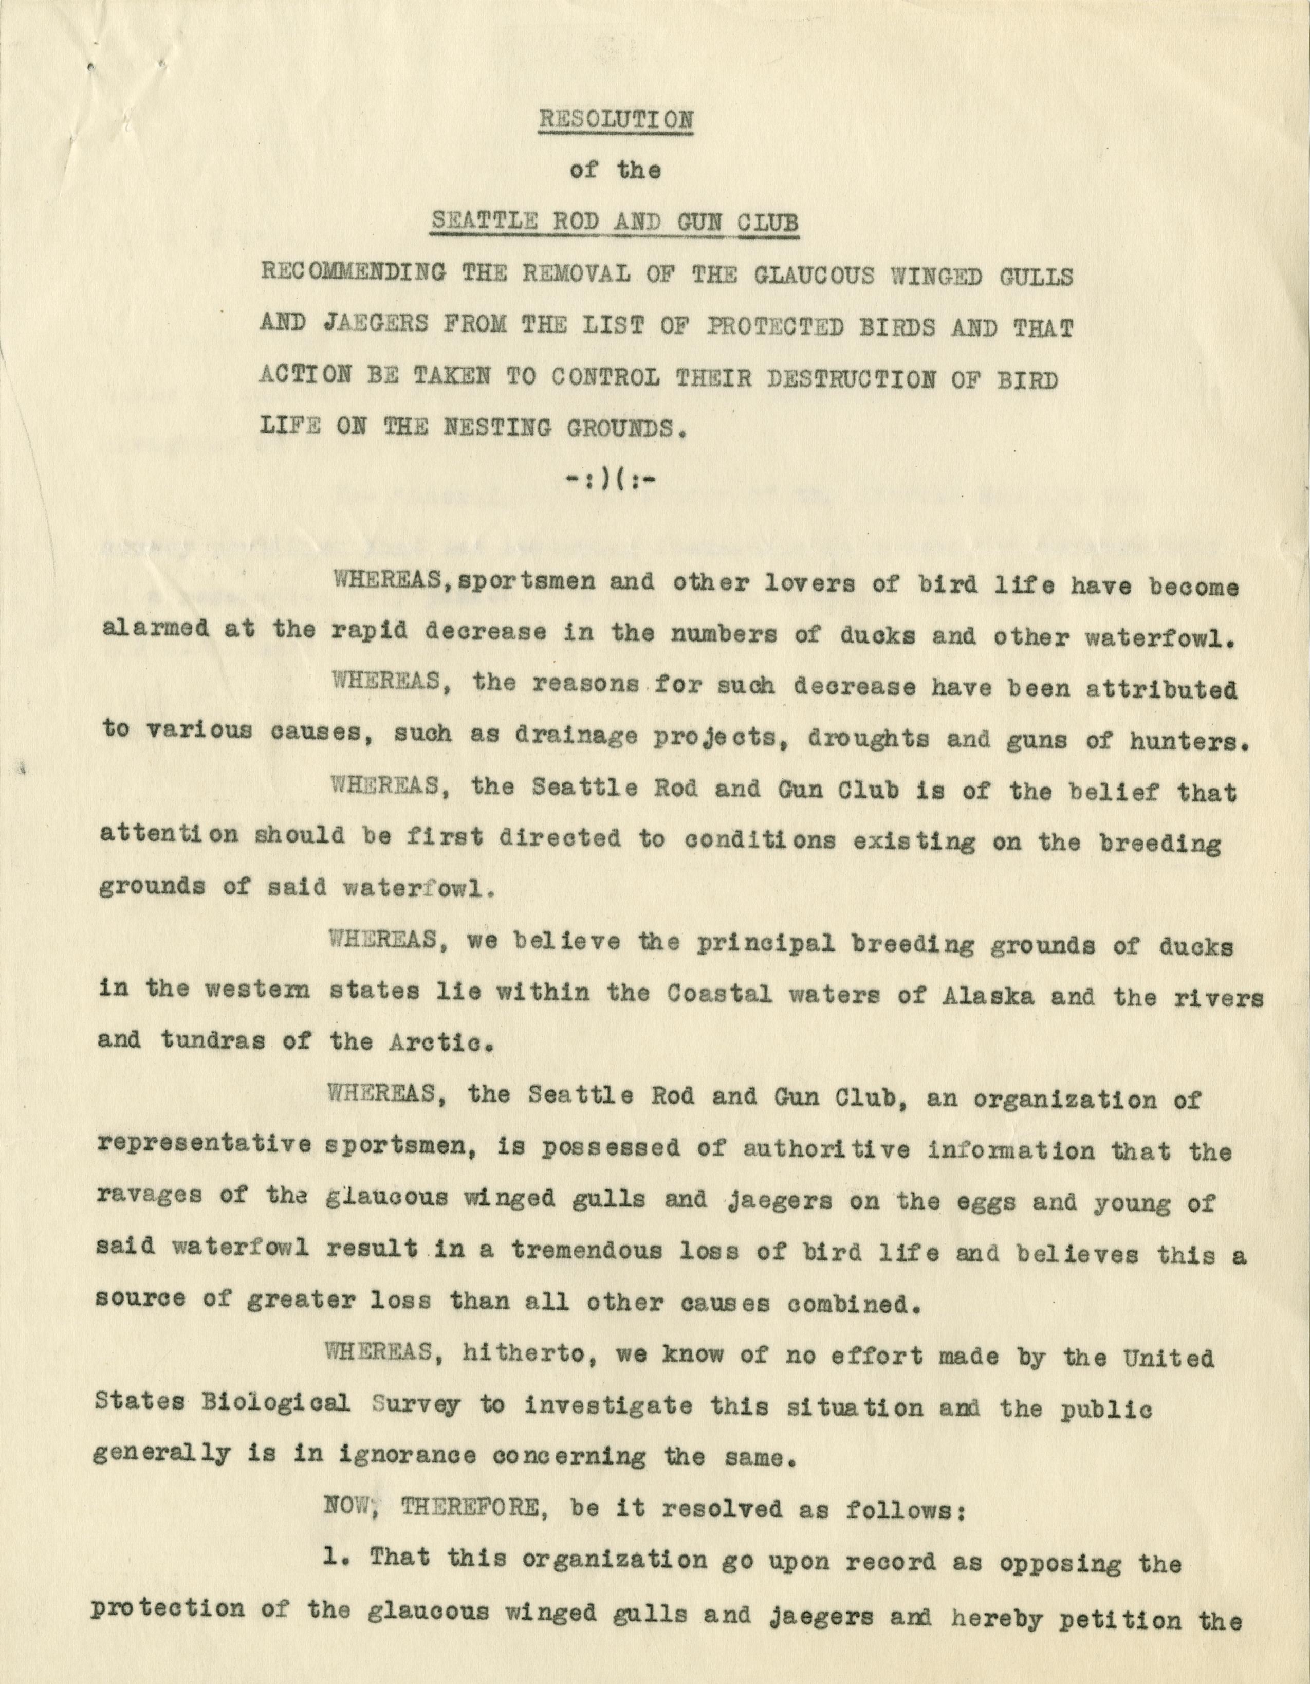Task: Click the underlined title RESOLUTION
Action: tap(615, 120)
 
